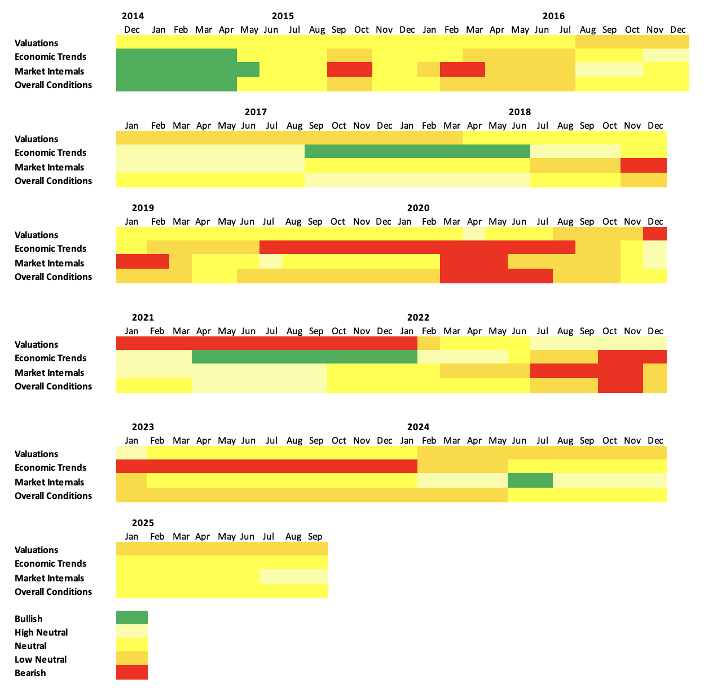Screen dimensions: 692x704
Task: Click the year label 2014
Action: click(x=133, y=16)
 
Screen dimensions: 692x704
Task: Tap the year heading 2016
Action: click(x=553, y=16)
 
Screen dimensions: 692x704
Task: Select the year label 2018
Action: click(x=520, y=112)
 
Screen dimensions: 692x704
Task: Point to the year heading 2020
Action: click(x=418, y=208)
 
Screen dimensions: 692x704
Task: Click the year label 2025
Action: click(x=143, y=523)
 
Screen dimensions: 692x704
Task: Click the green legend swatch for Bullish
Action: click(x=132, y=617)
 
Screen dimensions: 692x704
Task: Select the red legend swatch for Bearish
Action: click(x=132, y=672)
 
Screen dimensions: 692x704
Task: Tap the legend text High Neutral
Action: click(x=41, y=632)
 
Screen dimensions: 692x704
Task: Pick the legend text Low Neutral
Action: click(x=41, y=659)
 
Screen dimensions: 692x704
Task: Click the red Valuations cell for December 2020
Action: click(x=655, y=234)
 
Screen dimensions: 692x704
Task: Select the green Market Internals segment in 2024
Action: click(x=530, y=480)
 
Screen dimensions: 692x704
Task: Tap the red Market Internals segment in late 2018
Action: click(x=644, y=165)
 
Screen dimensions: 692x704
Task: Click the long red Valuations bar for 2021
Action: click(x=267, y=343)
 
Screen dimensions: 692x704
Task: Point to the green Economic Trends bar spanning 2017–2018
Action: click(x=417, y=151)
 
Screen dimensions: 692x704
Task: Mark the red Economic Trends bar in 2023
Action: click(x=267, y=466)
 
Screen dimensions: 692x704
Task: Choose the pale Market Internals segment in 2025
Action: click(x=294, y=576)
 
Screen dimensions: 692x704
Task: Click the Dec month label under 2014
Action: click(x=131, y=29)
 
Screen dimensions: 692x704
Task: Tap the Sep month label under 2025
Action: click(x=315, y=536)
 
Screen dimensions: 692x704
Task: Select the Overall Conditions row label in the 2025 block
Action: click(x=53, y=592)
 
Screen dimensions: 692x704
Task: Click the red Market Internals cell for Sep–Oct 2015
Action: click(x=350, y=69)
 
